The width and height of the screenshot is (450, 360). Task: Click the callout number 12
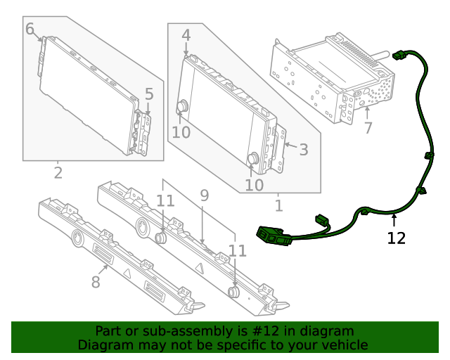pyautogui.click(x=397, y=238)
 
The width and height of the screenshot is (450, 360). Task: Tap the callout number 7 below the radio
pyautogui.click(x=368, y=128)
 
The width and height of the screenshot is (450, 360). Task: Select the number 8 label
pyautogui.click(x=96, y=282)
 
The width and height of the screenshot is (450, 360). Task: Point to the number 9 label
pyautogui.click(x=205, y=195)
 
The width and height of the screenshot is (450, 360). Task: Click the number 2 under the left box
pyautogui.click(x=58, y=172)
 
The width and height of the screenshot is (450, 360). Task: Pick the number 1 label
pyautogui.click(x=278, y=205)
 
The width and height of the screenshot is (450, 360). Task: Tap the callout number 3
pyautogui.click(x=304, y=149)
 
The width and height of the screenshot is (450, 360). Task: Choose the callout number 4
pyautogui.click(x=186, y=34)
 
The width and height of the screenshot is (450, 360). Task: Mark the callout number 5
pyautogui.click(x=149, y=94)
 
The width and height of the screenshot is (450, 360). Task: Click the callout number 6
pyautogui.click(x=30, y=29)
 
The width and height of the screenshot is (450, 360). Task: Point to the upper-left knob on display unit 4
pyautogui.click(x=183, y=106)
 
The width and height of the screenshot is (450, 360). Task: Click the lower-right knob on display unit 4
pyautogui.click(x=252, y=160)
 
